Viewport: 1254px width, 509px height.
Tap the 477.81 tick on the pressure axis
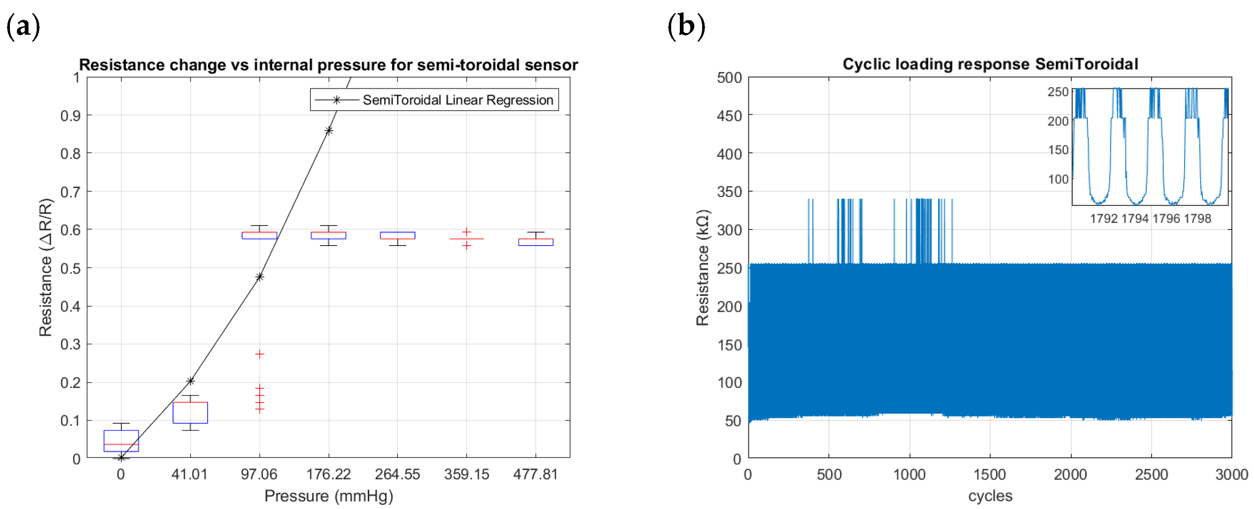[x=535, y=474]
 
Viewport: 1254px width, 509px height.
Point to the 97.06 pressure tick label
[x=259, y=474]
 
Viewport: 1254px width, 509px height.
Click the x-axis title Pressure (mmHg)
[x=329, y=496]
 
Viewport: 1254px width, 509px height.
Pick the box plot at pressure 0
[x=121, y=440]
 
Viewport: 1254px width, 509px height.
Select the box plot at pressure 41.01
[x=190, y=412]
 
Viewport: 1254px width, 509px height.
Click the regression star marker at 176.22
[x=329, y=130]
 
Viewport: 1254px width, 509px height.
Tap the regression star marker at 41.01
[x=190, y=381]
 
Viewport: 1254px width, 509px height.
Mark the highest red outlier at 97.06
[x=260, y=354]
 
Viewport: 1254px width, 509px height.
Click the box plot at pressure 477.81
[x=535, y=241]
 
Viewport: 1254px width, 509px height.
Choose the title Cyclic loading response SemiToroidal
[x=990, y=64]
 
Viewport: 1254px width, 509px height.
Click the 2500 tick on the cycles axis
[x=1151, y=474]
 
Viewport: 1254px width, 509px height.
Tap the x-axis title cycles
[x=990, y=496]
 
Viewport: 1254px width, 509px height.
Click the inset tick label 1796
[x=1166, y=218]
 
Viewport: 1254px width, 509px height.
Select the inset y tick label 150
[x=1058, y=150]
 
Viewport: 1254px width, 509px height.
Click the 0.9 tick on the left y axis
[x=70, y=116]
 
